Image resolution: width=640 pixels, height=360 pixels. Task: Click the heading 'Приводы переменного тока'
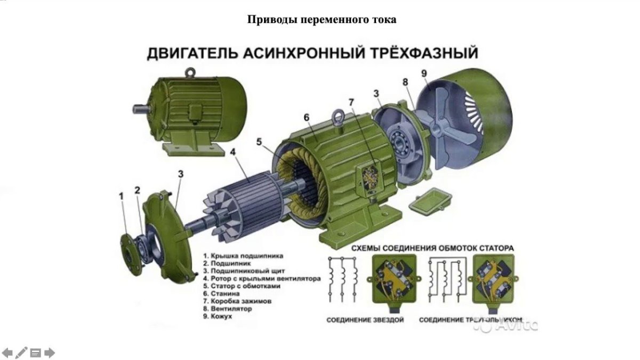click(322, 20)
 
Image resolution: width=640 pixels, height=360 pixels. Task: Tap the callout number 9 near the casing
click(425, 74)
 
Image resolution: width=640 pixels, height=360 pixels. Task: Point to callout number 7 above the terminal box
click(351, 102)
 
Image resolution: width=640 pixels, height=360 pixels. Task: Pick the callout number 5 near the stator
click(259, 142)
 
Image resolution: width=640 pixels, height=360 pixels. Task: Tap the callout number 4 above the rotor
click(233, 152)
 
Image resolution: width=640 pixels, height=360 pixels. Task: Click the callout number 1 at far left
click(121, 196)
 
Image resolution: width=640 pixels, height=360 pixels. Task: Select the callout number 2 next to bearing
click(138, 190)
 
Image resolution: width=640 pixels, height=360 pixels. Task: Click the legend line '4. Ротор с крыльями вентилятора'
click(261, 278)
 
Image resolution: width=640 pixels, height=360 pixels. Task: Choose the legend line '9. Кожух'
click(218, 316)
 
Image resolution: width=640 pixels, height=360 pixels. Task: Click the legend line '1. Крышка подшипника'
click(243, 256)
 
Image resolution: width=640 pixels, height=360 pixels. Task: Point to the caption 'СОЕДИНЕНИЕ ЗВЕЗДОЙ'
click(365, 320)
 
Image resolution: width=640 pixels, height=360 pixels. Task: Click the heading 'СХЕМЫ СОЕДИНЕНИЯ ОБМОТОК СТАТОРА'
click(433, 248)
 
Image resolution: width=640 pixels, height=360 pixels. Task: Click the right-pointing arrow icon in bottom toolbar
click(50, 353)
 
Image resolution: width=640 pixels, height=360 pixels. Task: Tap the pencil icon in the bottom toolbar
click(21, 353)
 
